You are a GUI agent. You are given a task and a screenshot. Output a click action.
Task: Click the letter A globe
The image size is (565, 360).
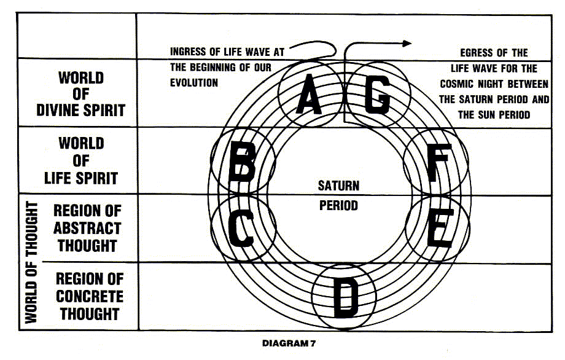[310, 96]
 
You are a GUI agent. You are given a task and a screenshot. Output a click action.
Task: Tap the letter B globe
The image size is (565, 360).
[243, 162]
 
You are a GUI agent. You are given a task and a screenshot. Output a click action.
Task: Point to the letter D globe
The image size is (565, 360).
[343, 296]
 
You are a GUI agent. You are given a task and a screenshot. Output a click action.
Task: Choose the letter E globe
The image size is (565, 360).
[437, 227]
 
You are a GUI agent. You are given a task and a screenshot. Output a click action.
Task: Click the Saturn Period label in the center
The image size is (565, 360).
[338, 195]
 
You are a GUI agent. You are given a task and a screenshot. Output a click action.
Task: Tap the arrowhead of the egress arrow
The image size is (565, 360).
[407, 43]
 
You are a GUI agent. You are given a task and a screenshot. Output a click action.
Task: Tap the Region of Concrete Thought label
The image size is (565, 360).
[87, 296]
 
